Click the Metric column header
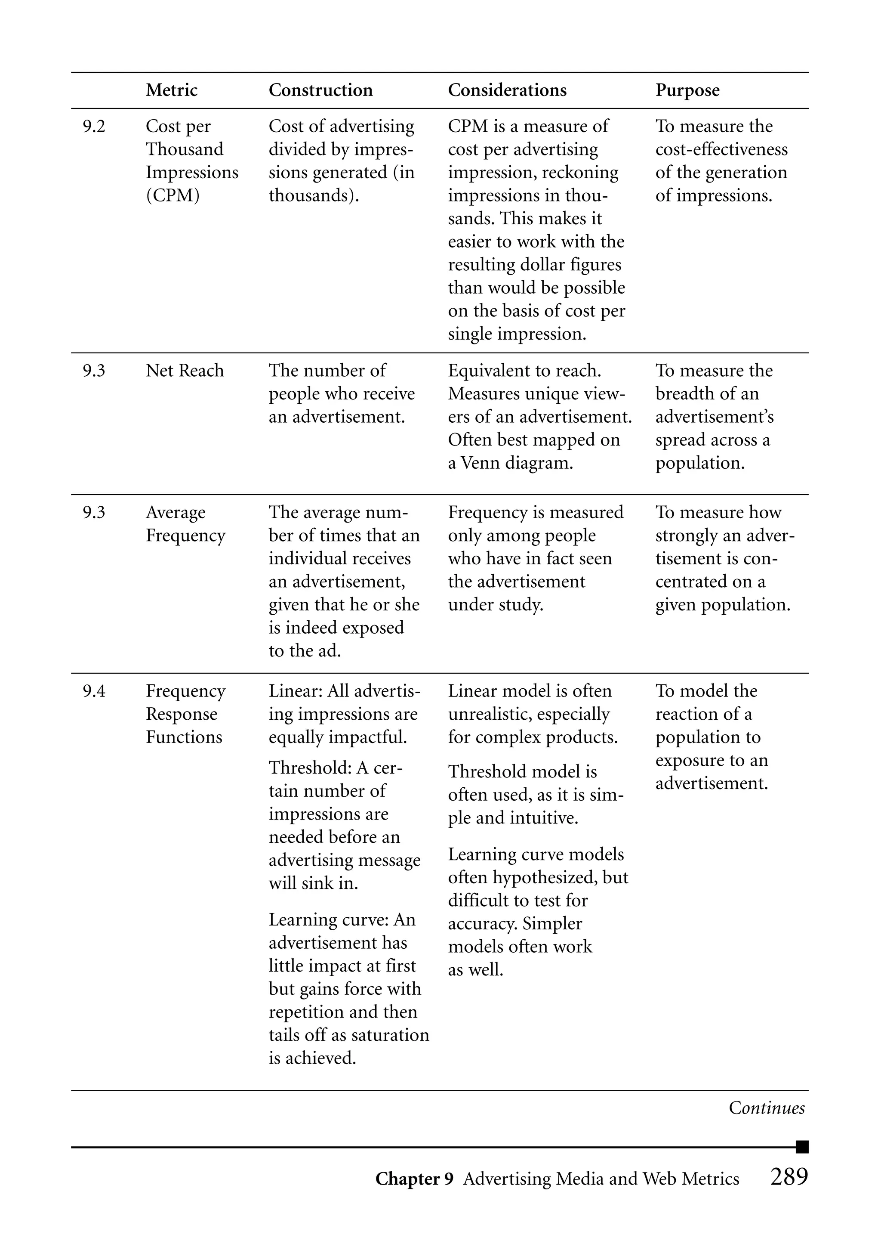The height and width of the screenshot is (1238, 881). pos(172,90)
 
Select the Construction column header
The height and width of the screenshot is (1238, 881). pos(320,90)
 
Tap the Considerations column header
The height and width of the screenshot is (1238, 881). pos(507,90)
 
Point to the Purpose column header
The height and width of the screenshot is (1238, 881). pos(687,90)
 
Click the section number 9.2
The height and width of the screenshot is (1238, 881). pos(94,127)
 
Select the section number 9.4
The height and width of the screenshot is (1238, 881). pos(94,691)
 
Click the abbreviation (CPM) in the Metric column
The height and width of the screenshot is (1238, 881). pos(173,195)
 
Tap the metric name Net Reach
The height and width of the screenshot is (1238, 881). pos(185,371)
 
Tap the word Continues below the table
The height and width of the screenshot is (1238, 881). pos(766,1108)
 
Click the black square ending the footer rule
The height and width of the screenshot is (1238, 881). pos(802,1147)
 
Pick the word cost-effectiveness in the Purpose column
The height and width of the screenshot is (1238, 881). pos(721,149)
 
